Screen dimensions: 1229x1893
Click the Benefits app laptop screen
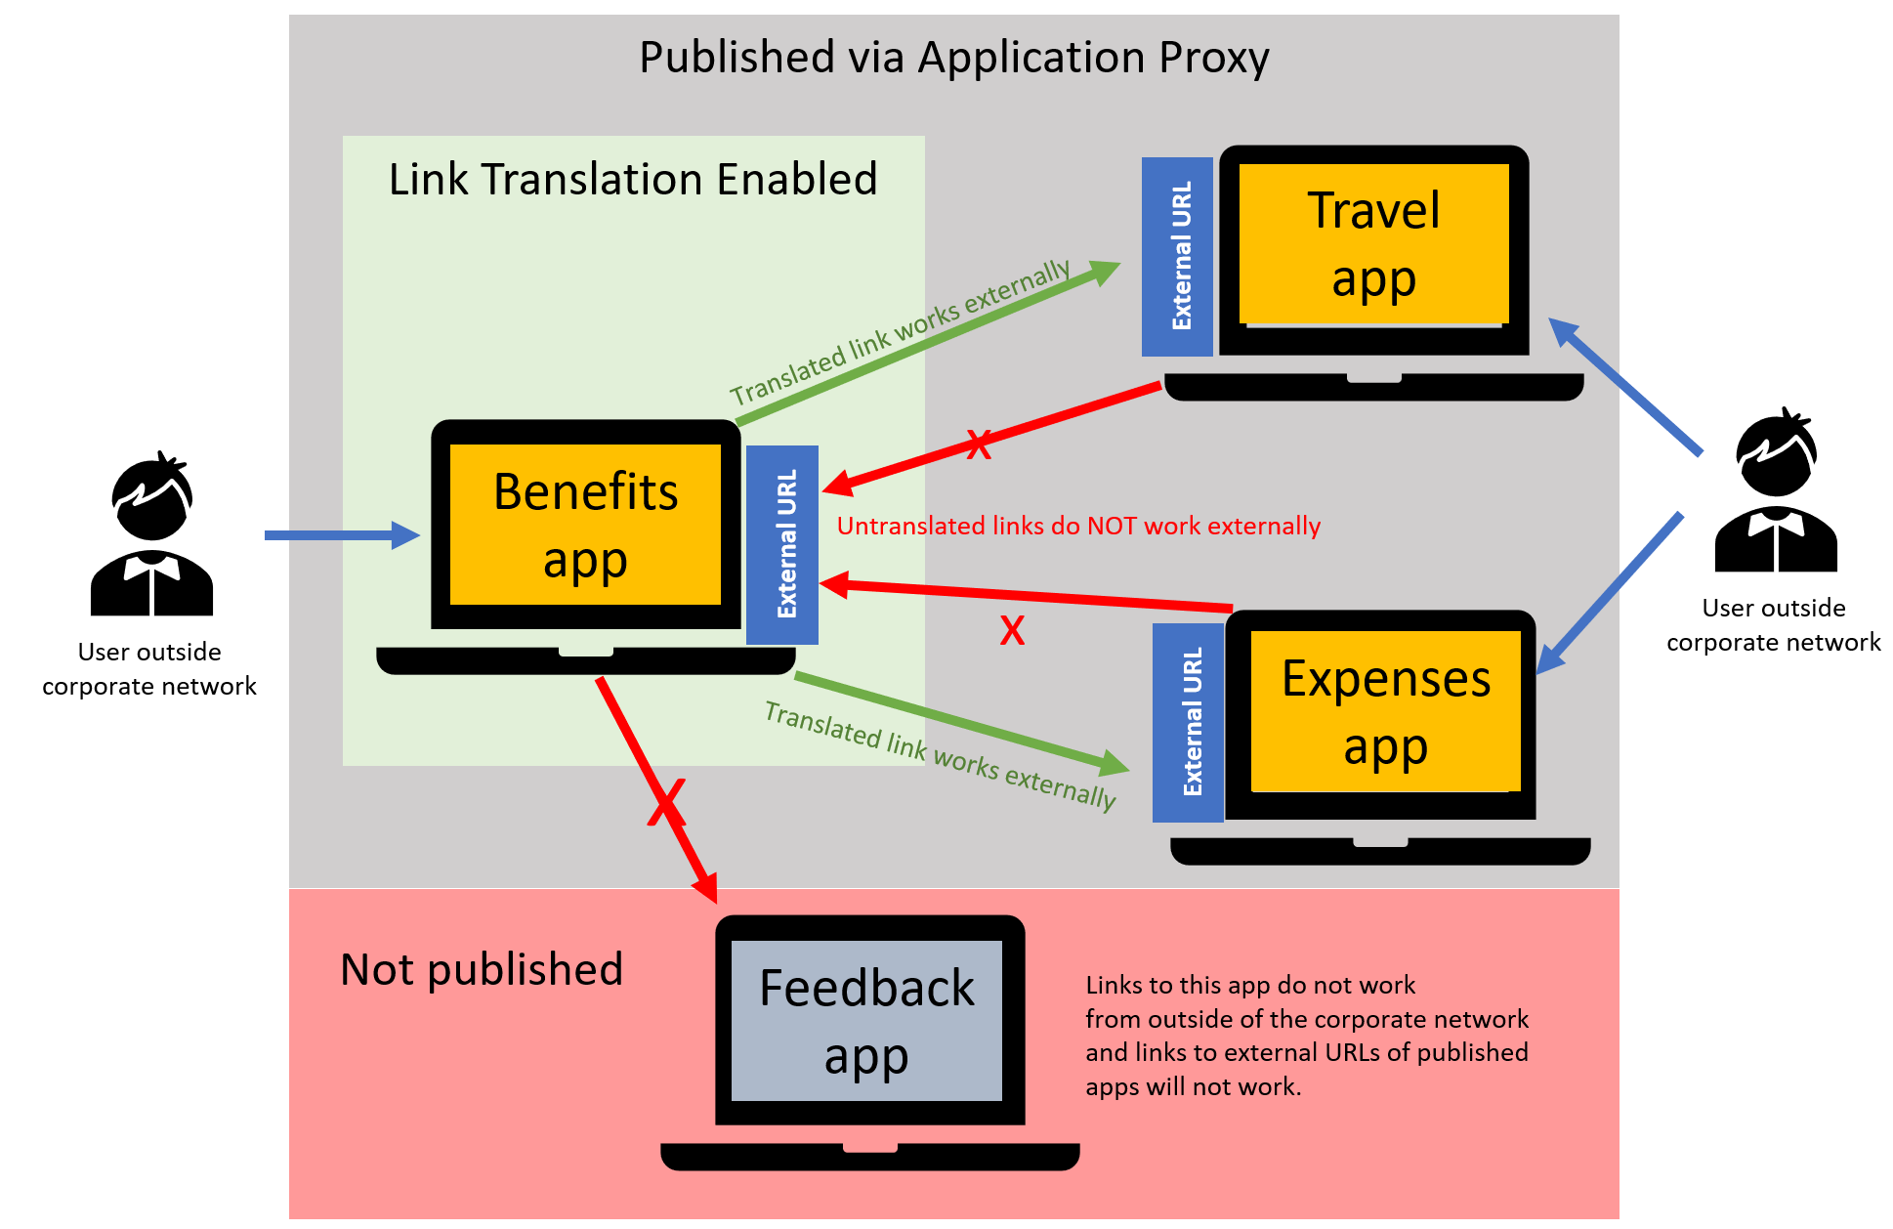point(585,525)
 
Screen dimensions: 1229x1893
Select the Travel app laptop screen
point(1373,244)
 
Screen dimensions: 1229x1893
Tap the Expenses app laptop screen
point(1385,711)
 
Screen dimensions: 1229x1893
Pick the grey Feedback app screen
point(866,1021)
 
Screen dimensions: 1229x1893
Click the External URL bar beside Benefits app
point(782,544)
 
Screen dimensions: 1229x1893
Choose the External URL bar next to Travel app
point(1178,256)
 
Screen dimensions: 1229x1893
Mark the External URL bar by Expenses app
point(1189,723)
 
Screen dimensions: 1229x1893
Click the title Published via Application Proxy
point(953,57)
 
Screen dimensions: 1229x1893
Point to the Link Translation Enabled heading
point(633,180)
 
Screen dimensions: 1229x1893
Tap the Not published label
point(482,969)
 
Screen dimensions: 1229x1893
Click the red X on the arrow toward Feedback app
point(667,803)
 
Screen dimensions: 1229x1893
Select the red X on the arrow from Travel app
point(979,445)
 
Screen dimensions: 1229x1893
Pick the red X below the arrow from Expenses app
point(1012,631)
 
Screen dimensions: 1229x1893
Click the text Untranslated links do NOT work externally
point(1078,526)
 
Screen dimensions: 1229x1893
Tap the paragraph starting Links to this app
point(1306,1036)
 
